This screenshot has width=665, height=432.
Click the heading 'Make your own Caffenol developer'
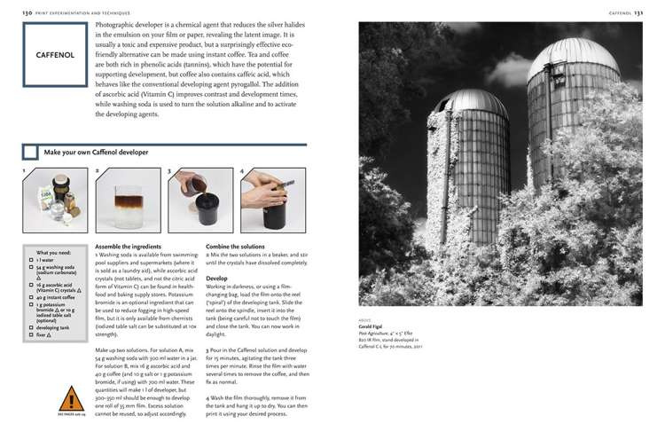point(96,153)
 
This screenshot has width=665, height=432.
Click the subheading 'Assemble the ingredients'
point(128,246)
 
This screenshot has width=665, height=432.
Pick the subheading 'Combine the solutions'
point(236,246)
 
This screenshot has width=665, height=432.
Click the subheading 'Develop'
point(217,278)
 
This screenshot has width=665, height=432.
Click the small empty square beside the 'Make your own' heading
point(31,153)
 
